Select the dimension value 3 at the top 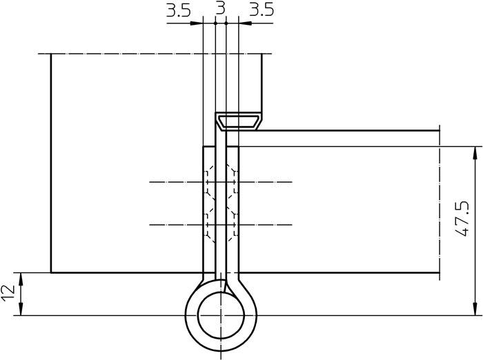click(x=220, y=9)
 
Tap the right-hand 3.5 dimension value click(x=261, y=10)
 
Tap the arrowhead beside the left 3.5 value click(x=197, y=23)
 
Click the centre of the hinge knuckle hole click(x=221, y=316)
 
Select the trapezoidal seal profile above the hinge click(x=238, y=122)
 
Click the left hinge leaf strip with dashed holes click(x=209, y=207)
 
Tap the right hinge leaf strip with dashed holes click(x=233, y=207)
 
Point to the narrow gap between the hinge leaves click(x=221, y=207)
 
